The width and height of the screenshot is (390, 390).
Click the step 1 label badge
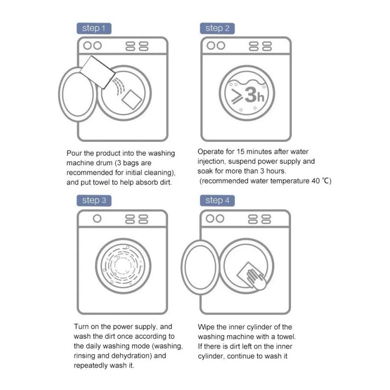94,28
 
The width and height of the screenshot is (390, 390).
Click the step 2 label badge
217,28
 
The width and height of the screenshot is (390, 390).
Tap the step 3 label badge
94,200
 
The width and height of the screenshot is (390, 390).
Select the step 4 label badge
217,200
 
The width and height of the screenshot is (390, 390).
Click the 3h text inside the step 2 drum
254,95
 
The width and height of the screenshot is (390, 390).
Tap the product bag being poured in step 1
97,71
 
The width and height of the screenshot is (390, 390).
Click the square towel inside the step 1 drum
132,99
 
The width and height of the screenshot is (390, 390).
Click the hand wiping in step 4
256,278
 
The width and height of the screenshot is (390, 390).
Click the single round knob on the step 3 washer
97,218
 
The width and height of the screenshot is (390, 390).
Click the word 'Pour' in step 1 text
75,153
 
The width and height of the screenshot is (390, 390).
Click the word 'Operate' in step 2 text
211,152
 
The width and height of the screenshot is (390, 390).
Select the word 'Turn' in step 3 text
81,327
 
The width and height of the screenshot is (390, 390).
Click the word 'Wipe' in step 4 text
206,327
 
